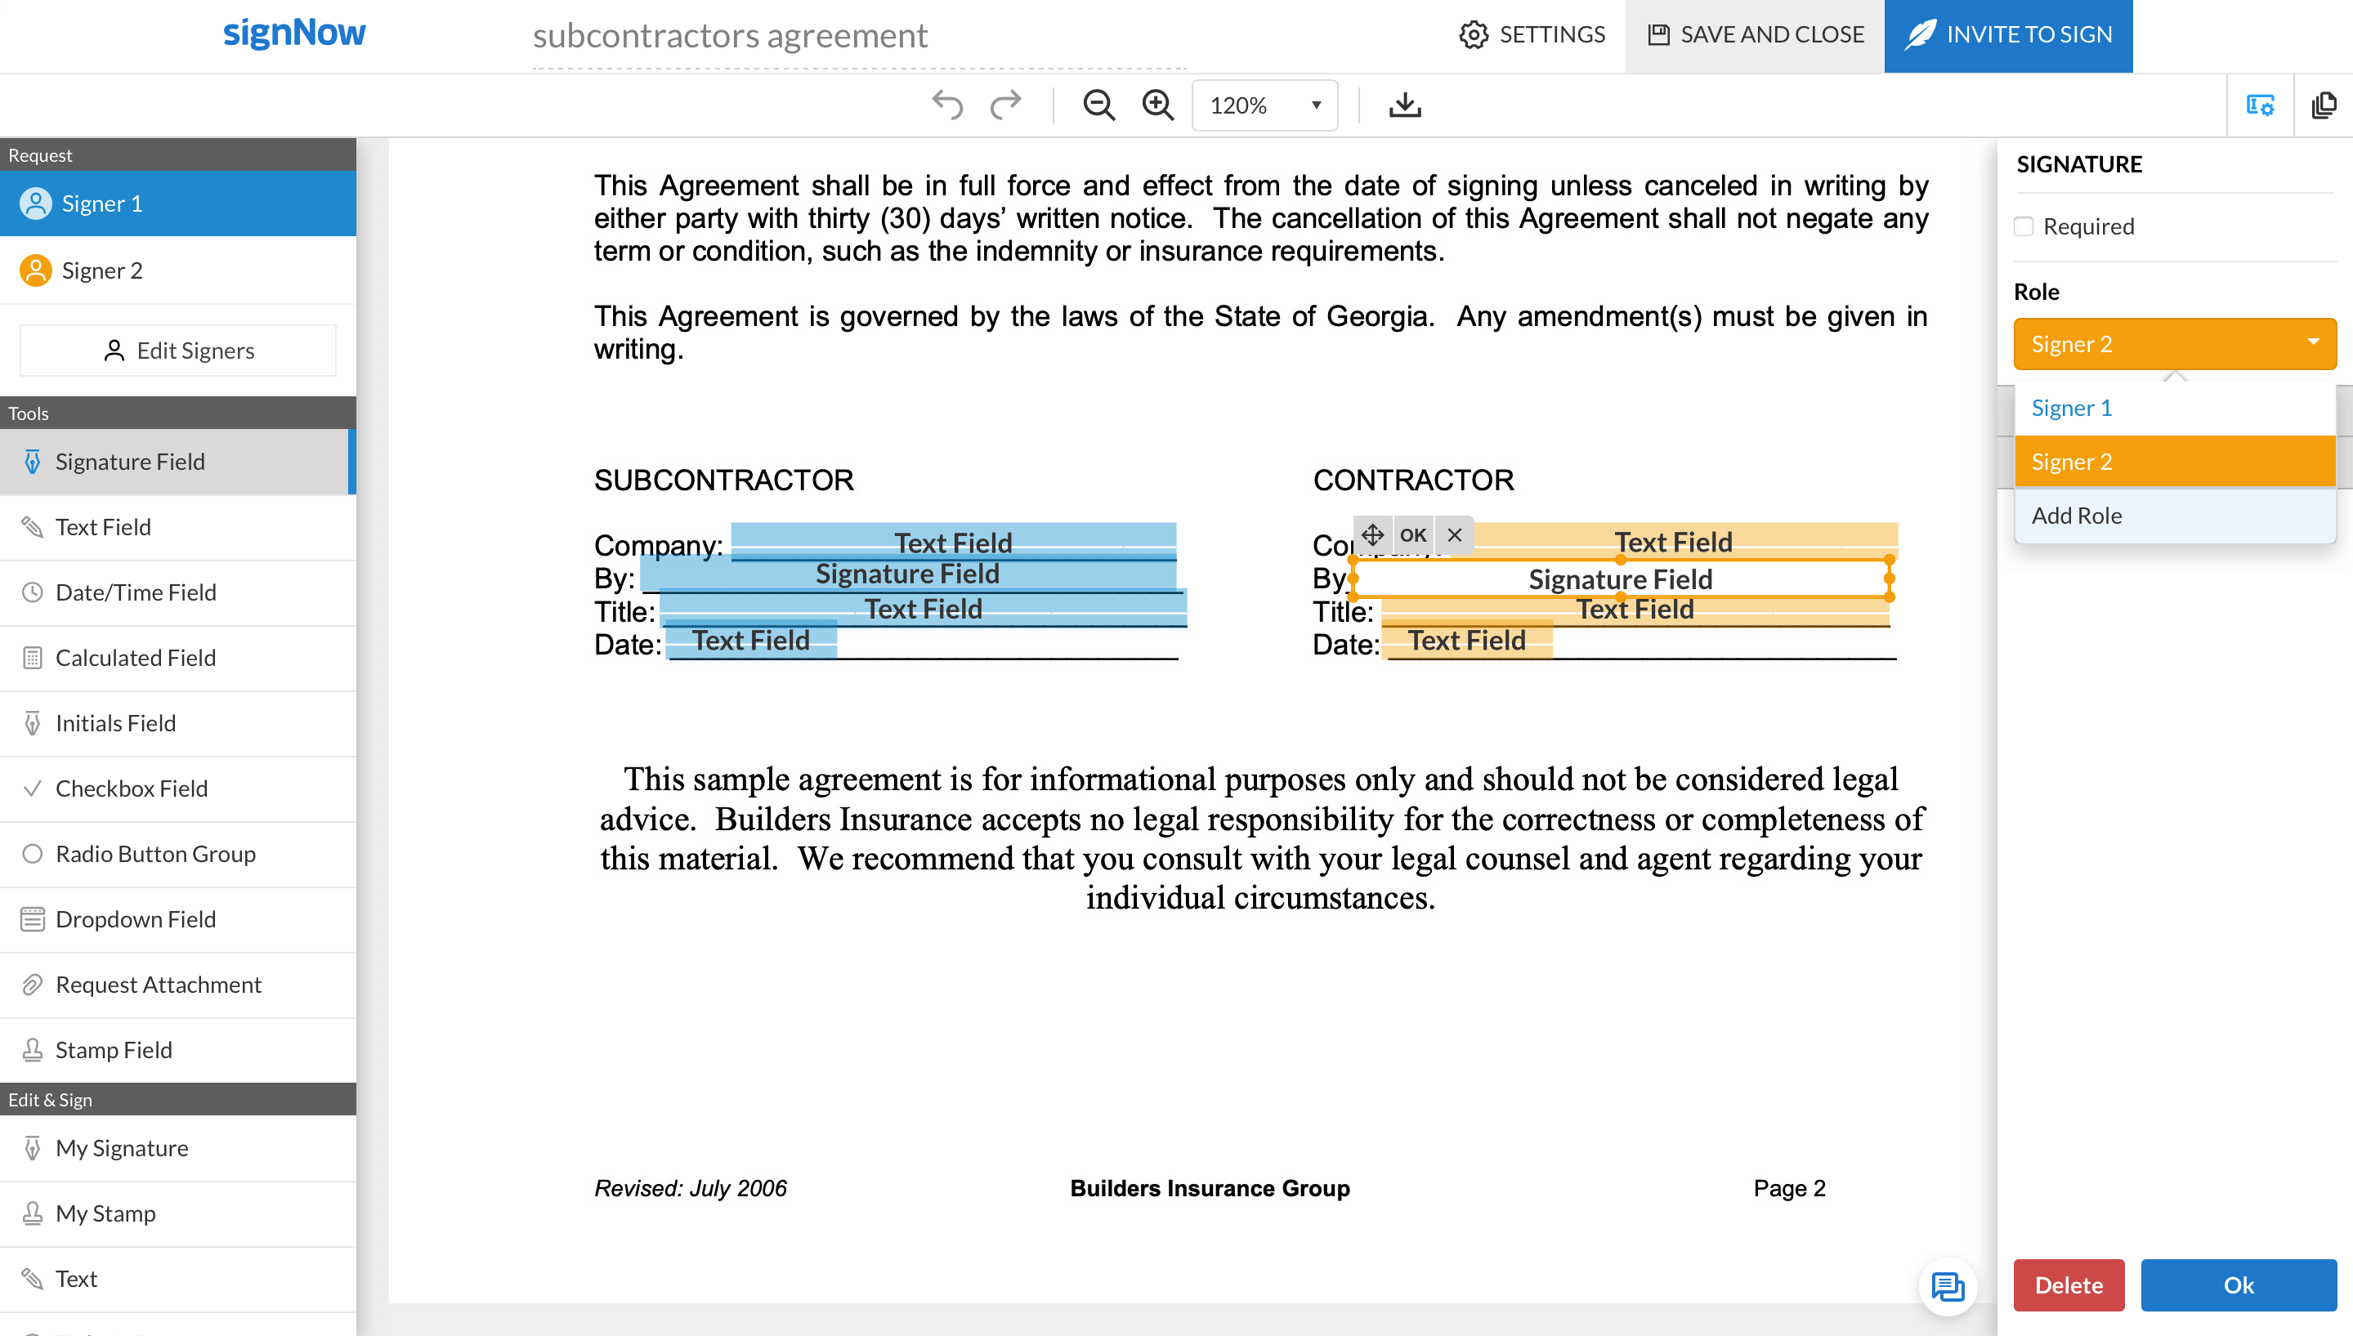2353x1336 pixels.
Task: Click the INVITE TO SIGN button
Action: click(2008, 35)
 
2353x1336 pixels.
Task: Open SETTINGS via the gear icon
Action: click(1474, 35)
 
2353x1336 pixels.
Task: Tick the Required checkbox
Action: click(2024, 226)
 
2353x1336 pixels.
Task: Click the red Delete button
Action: click(2069, 1285)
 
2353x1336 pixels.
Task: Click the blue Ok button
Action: click(2238, 1285)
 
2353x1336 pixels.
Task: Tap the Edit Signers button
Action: click(178, 351)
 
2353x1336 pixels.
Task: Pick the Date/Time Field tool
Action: click(136, 592)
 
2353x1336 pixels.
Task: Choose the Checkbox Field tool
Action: click(132, 789)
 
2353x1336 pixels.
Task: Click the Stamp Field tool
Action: click(114, 1051)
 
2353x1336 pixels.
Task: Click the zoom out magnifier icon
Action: click(1098, 105)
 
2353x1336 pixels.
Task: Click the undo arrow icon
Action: click(947, 105)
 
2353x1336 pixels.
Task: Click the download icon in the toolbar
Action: click(1404, 105)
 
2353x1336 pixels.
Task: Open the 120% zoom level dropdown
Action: click(1264, 105)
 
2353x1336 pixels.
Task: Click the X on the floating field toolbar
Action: click(1455, 535)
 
